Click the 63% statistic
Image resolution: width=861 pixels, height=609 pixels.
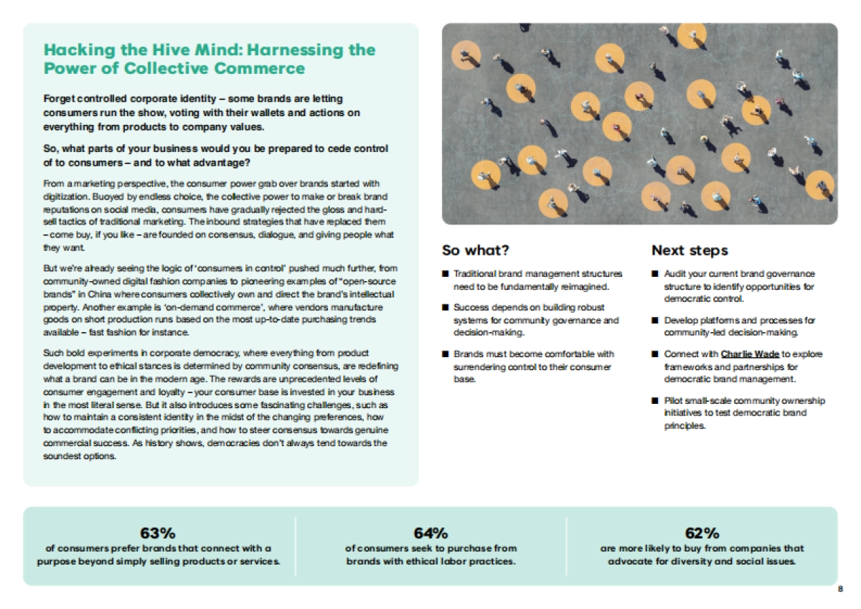[158, 533]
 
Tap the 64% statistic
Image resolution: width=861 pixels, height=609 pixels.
[430, 533]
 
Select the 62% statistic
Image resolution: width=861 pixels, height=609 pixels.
[702, 533]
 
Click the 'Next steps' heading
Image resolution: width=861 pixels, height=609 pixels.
[690, 250]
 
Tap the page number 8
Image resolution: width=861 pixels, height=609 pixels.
[840, 589]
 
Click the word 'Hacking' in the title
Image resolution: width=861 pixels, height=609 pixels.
[75, 49]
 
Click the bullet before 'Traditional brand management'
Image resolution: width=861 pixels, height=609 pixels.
[445, 274]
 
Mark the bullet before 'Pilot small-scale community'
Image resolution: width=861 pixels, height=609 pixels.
[655, 401]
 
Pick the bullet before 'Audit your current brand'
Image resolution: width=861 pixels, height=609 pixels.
[655, 274]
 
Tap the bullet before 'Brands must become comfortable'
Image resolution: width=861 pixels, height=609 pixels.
[445, 354]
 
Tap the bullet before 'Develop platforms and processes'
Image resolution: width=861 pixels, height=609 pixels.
[655, 321]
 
